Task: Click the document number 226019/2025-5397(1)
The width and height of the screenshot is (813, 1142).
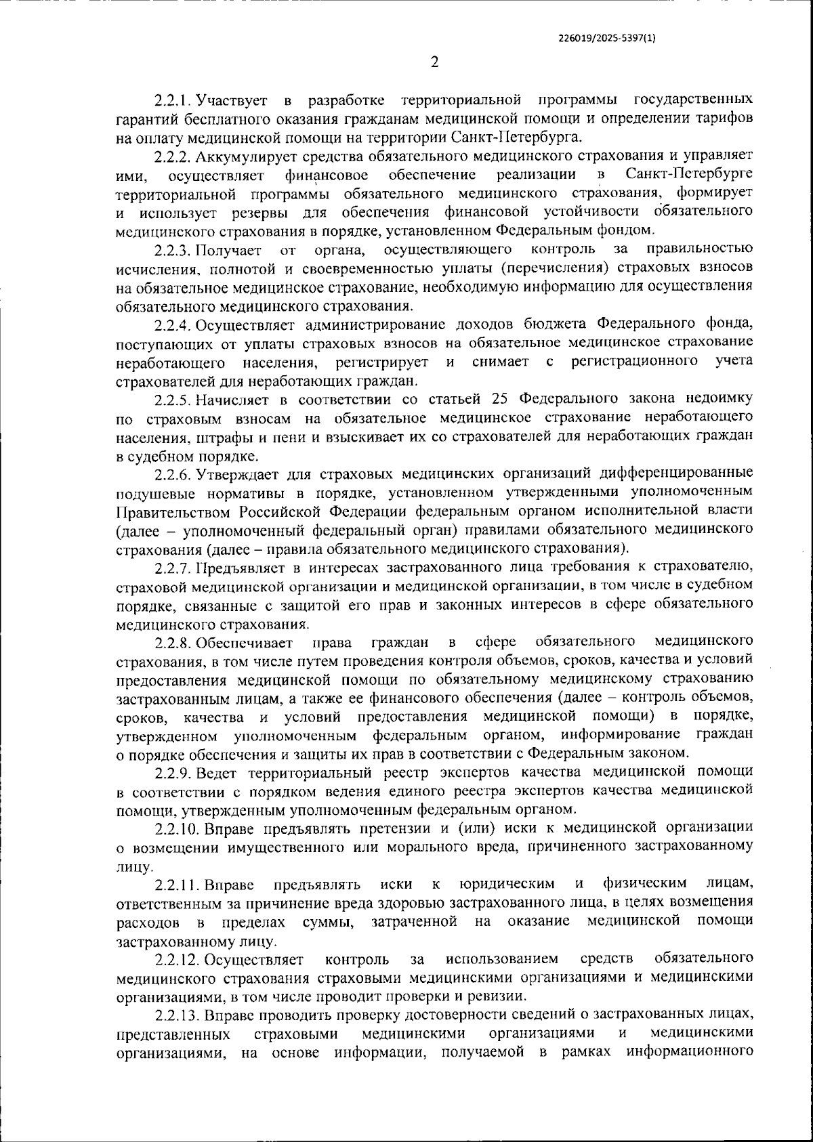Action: click(606, 39)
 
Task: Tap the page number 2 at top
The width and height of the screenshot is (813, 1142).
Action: click(434, 63)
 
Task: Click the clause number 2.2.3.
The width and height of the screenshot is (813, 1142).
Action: click(173, 251)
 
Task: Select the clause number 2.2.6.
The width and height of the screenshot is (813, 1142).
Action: click(173, 471)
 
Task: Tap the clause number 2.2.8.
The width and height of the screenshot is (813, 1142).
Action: click(173, 641)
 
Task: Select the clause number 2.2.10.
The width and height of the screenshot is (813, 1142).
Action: click(177, 827)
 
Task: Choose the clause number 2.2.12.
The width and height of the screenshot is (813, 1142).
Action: click(177, 958)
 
